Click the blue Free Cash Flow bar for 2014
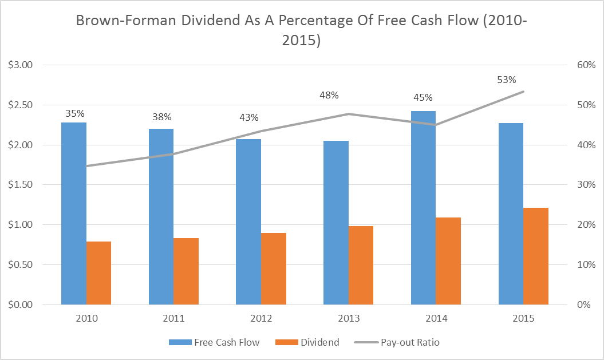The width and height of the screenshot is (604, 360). tap(423, 208)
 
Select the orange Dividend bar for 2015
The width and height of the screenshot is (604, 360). tap(536, 256)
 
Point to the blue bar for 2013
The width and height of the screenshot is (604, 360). tap(335, 223)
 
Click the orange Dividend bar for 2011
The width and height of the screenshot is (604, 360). tap(186, 271)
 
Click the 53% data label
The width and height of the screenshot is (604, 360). tap(507, 80)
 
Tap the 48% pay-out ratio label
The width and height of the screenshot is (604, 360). tap(329, 94)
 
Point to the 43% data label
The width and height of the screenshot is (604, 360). tap(249, 117)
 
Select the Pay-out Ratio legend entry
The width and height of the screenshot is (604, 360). tap(396, 342)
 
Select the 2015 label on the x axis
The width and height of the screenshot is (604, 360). tap(523, 318)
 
